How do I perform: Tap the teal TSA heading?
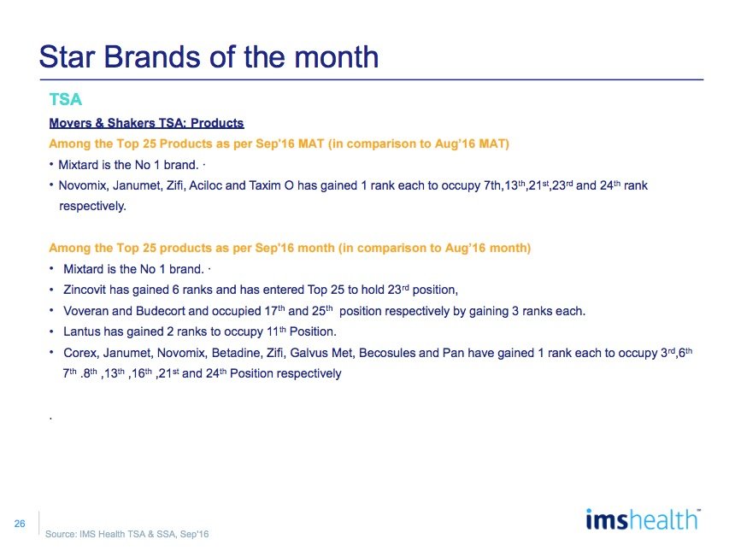point(66,99)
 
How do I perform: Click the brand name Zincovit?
point(85,290)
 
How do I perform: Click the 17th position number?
point(273,310)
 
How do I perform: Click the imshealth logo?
point(643,520)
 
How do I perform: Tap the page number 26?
point(20,524)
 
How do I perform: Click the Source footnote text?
point(127,534)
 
